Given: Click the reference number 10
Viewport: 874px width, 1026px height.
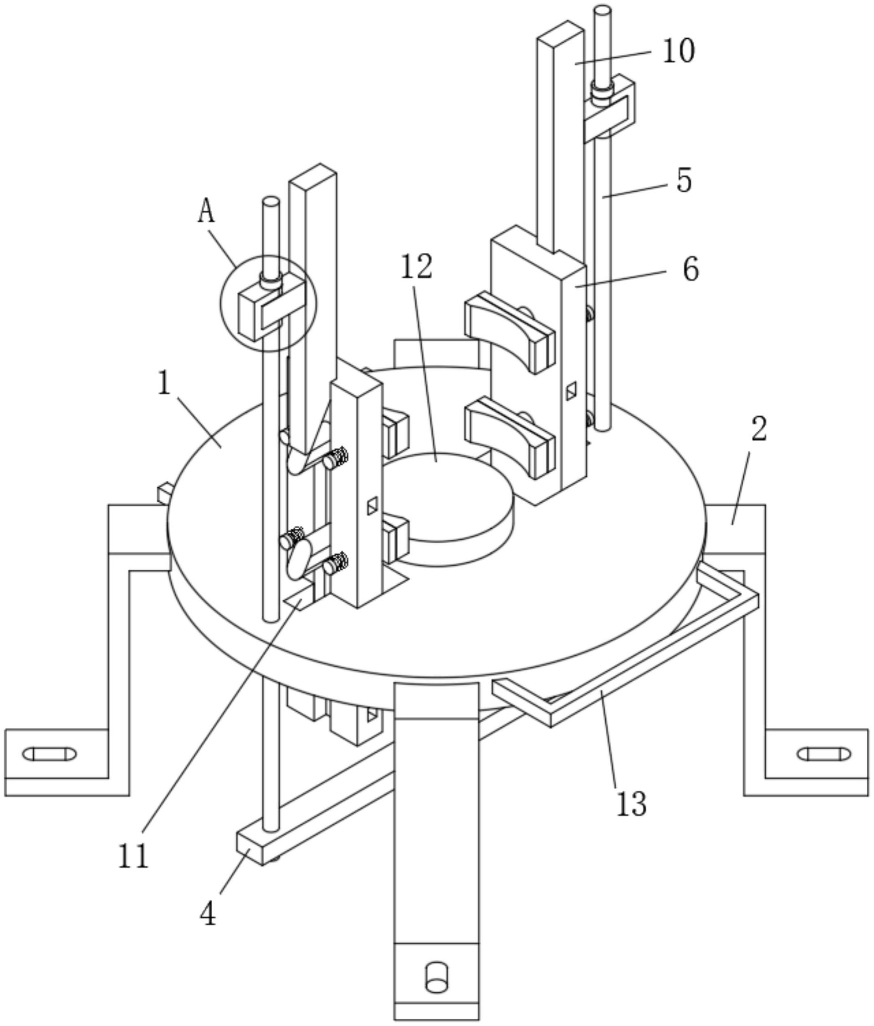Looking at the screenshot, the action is click(x=679, y=51).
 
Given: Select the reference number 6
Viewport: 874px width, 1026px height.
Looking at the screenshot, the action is click(x=691, y=270).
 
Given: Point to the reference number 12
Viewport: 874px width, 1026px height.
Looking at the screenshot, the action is click(x=416, y=266).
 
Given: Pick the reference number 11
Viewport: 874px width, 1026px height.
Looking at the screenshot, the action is click(x=133, y=856).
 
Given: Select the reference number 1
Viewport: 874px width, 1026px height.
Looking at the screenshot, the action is click(x=164, y=383).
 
